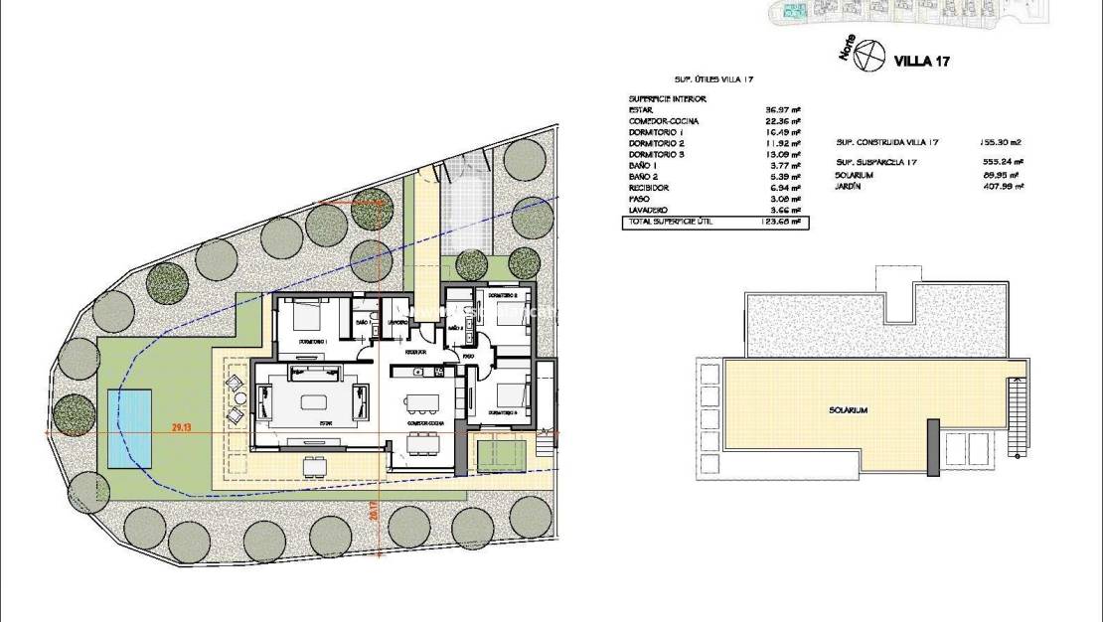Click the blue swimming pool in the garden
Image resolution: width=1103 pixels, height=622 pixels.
(x=129, y=428)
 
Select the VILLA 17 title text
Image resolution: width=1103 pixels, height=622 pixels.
(x=923, y=62)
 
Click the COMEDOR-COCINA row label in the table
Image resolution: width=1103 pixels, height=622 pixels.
(x=664, y=121)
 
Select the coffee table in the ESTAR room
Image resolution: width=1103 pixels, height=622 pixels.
(x=314, y=403)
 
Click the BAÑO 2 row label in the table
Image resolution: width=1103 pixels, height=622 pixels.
(x=646, y=177)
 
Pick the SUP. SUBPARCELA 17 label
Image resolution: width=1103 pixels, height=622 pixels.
(x=875, y=162)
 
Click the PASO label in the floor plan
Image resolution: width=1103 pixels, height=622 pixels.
(x=468, y=355)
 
